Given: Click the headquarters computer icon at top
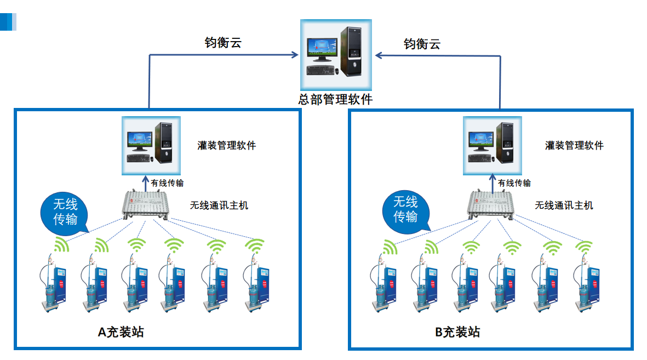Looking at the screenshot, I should (x=336, y=55).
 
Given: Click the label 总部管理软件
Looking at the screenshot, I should (x=335, y=100).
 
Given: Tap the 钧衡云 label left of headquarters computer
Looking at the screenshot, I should (x=223, y=43).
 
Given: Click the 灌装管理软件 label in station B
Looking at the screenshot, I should (x=574, y=146).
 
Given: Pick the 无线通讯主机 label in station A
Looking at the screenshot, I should (x=219, y=205).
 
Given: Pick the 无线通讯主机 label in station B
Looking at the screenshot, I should (x=564, y=205).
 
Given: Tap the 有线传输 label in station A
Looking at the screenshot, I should (x=167, y=183).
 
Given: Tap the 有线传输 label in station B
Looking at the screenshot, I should (x=514, y=183).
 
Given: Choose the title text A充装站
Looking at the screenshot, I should (x=121, y=332).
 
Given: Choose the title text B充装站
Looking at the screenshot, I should (x=457, y=332).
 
